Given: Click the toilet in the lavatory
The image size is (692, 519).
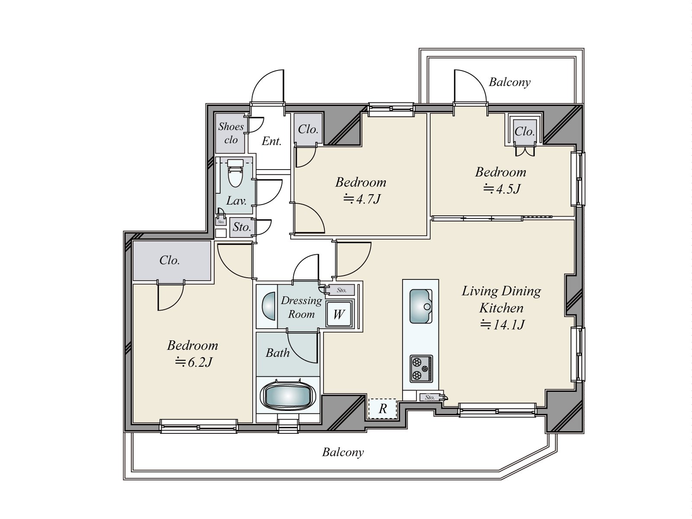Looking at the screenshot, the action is (x=235, y=173).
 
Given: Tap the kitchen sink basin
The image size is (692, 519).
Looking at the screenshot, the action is (x=420, y=306).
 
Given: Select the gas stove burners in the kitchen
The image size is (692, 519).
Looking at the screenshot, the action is (x=421, y=369).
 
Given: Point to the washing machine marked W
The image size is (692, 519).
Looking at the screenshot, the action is (x=339, y=314).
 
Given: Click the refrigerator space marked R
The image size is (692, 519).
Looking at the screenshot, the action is (x=382, y=409).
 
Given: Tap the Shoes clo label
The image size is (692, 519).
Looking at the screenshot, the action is (x=231, y=133).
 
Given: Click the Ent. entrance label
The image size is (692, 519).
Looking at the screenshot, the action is (x=272, y=141).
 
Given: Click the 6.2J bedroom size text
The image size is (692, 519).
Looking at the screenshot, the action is (x=194, y=362).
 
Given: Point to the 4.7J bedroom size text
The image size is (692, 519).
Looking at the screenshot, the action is (x=362, y=199).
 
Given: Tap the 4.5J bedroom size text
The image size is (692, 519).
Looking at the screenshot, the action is (x=502, y=189).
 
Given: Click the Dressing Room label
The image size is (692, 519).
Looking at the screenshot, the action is (x=301, y=307).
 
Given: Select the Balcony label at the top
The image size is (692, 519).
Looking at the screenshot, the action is (x=510, y=82).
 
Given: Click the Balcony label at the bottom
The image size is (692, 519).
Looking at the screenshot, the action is (x=343, y=452).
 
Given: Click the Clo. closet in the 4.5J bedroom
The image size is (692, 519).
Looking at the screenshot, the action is (x=525, y=131).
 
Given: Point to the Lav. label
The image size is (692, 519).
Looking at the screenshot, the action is (x=237, y=201).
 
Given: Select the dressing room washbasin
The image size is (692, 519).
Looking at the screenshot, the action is (x=269, y=306).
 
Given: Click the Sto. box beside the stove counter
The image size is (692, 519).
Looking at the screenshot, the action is (x=430, y=397).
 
